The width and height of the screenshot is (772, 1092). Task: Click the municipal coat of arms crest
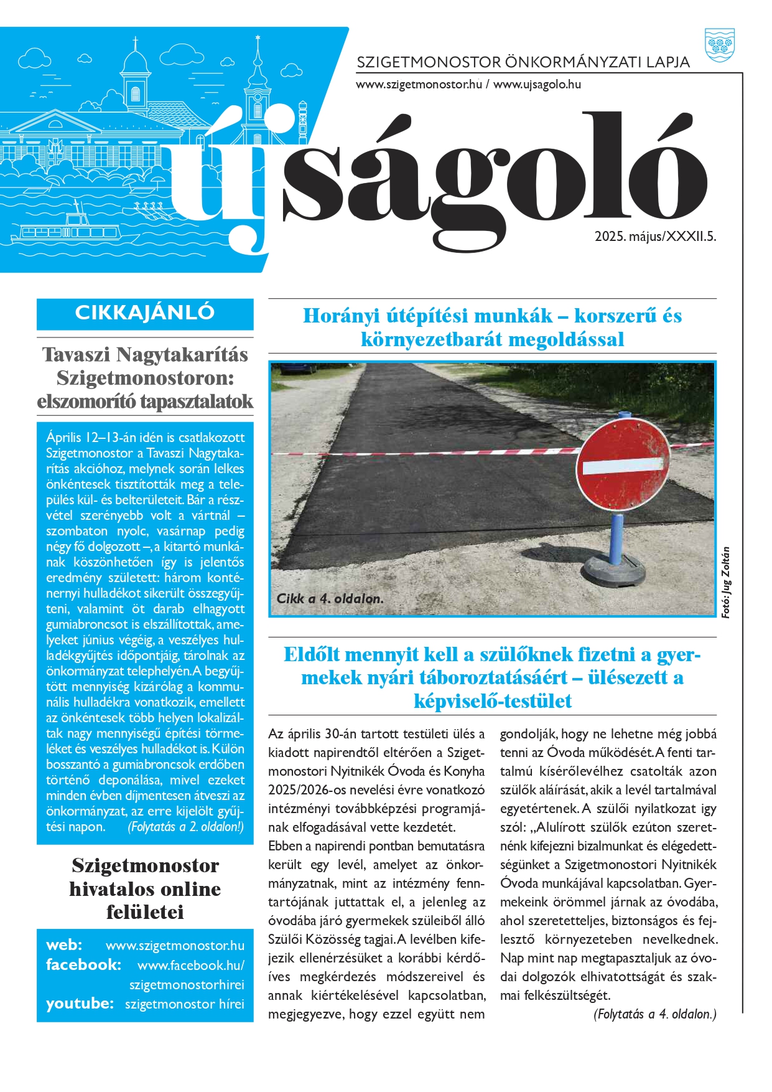[720, 45]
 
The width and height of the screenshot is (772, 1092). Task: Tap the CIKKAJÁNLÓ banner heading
[145, 313]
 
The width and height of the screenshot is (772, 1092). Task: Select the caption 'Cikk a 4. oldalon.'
[330, 599]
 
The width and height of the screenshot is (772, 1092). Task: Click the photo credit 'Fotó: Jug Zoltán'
[726, 582]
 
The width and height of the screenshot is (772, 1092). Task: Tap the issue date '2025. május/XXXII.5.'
[655, 237]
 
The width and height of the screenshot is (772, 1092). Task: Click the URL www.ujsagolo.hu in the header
[537, 84]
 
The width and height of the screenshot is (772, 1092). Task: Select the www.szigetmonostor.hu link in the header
[419, 84]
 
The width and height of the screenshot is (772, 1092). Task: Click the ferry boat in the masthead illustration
[75, 230]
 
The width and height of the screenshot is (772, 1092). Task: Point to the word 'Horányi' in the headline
[341, 316]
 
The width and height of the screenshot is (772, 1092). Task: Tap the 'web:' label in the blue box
[64, 945]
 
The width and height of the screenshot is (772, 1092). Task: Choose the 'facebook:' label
[83, 965]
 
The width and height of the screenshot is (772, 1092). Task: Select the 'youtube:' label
[80, 1004]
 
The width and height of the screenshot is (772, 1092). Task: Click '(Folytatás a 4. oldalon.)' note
[654, 1014]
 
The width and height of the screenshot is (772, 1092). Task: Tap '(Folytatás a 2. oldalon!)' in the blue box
[185, 827]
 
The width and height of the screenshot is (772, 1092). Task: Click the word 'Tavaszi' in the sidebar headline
[77, 355]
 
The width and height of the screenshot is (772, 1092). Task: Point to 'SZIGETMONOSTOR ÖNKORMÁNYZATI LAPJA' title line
[523, 62]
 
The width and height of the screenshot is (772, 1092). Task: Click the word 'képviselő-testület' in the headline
[492, 702]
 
